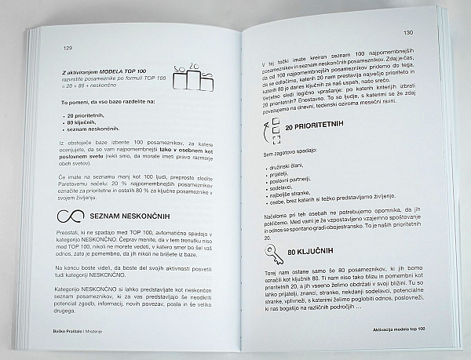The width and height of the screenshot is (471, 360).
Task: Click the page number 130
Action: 407,35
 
